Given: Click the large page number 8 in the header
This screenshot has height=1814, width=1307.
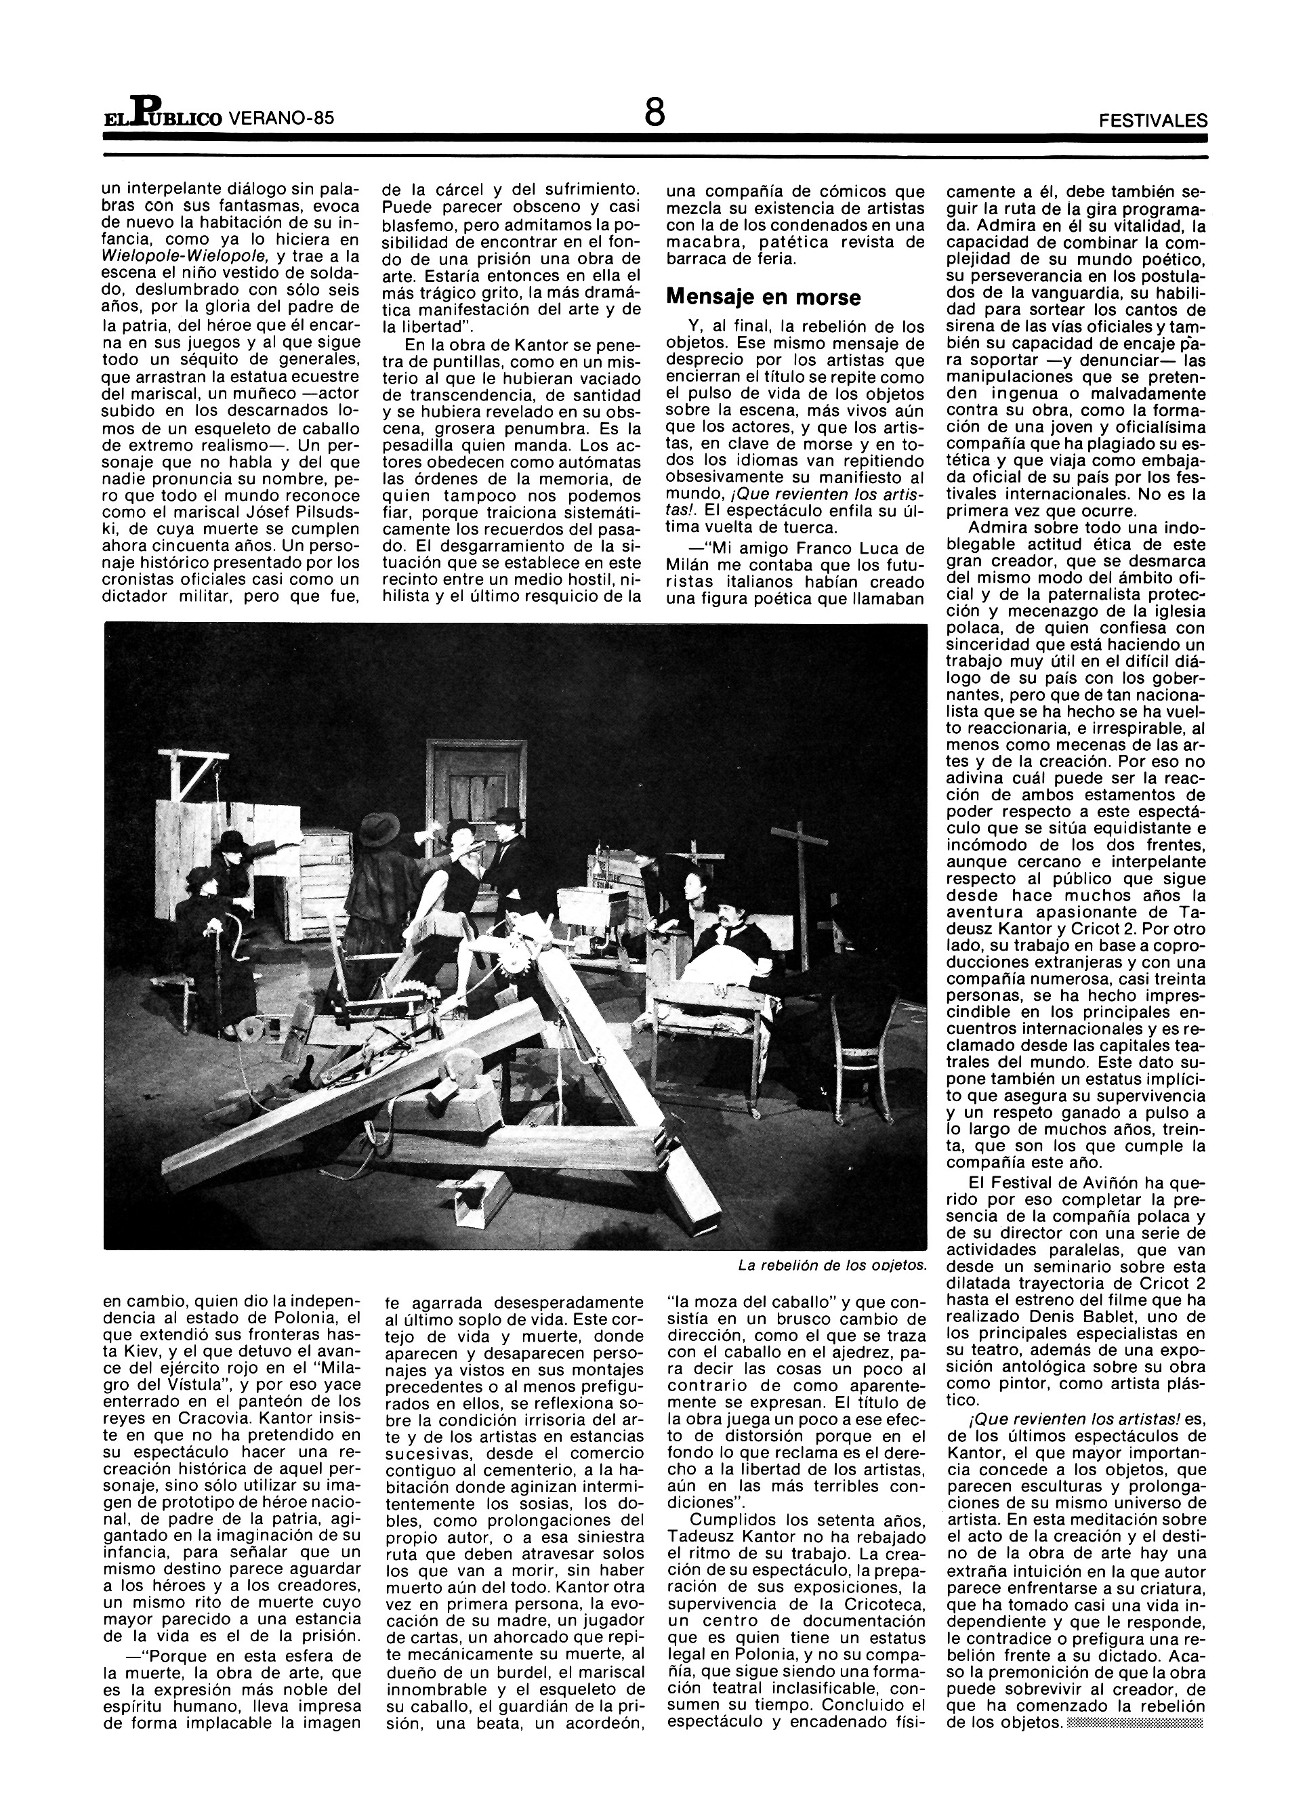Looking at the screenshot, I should (x=655, y=112).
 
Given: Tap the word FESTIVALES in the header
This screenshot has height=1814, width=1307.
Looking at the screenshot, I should (x=1153, y=121).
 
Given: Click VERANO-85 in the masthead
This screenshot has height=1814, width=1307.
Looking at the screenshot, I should (x=279, y=119).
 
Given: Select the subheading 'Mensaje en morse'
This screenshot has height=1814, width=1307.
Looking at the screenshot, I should (x=763, y=297).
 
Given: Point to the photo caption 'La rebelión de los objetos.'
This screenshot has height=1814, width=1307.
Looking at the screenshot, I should (x=833, y=1264).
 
